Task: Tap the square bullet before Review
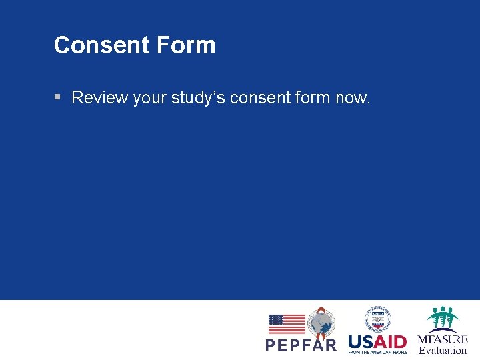tap(58, 97)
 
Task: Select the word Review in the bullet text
tap(100, 97)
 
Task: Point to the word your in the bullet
tap(150, 98)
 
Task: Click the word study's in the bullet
tap(198, 97)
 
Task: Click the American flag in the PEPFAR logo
tap(287, 324)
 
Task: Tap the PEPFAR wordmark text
tap(301, 345)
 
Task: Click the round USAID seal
tap(377, 319)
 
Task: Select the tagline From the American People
tap(377, 352)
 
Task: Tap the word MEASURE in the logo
tap(443, 339)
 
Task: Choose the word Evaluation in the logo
tap(443, 350)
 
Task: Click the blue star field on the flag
tap(276, 320)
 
